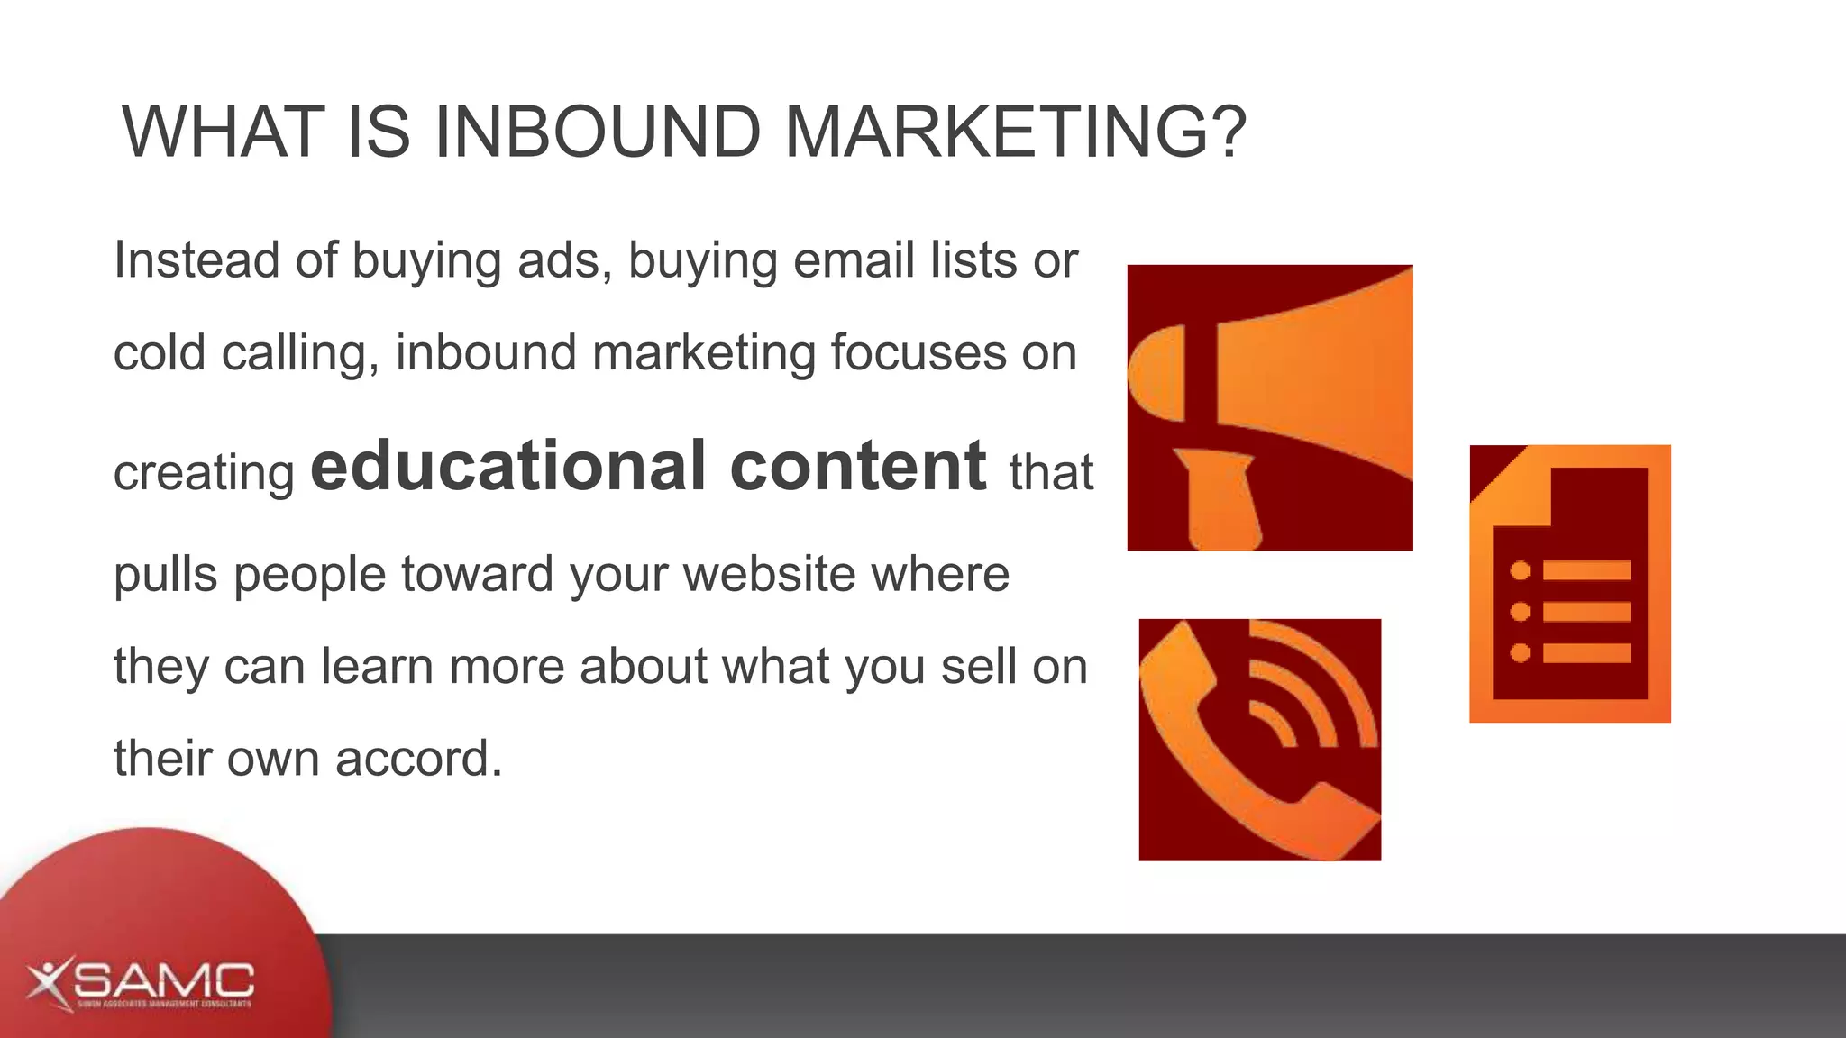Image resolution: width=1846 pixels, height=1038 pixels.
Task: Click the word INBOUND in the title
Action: (x=598, y=132)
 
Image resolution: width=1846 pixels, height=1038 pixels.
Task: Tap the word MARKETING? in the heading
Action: (x=1016, y=132)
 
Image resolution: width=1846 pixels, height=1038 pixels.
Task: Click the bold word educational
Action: (x=508, y=466)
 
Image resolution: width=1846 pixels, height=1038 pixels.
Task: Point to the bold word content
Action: (x=858, y=466)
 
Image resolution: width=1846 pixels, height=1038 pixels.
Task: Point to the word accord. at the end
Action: (x=418, y=758)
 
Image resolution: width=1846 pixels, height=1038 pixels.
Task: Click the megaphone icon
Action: (x=1270, y=407)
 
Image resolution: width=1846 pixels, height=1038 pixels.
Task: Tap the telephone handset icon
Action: (x=1259, y=740)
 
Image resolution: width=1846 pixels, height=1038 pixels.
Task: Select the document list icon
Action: (x=1569, y=584)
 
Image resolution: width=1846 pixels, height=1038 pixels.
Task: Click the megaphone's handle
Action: (x=1219, y=500)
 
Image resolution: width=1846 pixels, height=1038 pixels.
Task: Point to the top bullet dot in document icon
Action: (x=1521, y=570)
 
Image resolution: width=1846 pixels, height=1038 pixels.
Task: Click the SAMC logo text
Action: (x=171, y=980)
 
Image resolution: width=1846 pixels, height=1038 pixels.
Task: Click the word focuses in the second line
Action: (x=918, y=352)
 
